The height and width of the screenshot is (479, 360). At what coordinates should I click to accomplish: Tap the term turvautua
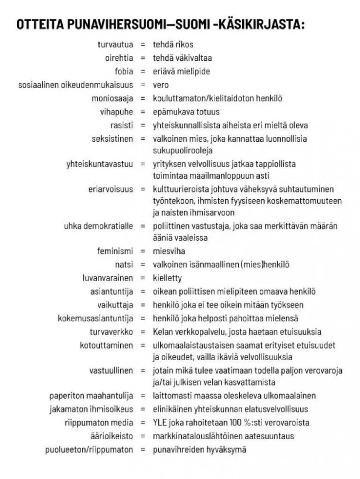point(115,45)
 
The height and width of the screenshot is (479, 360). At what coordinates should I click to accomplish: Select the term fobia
point(123,71)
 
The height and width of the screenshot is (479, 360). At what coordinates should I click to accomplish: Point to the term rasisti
point(122,125)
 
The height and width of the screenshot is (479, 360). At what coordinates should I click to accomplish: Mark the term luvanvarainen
point(108,278)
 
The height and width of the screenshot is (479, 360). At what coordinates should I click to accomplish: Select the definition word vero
point(161,85)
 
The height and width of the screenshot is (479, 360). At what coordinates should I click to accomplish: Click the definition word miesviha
point(169,251)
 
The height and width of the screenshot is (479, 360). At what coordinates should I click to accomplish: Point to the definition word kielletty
point(167,278)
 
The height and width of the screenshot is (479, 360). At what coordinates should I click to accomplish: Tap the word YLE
point(160,422)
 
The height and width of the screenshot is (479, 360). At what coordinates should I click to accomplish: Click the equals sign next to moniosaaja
point(142,98)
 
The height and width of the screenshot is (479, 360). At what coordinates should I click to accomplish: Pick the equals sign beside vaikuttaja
point(142,305)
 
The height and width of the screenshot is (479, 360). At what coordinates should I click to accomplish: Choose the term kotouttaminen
point(106,345)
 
